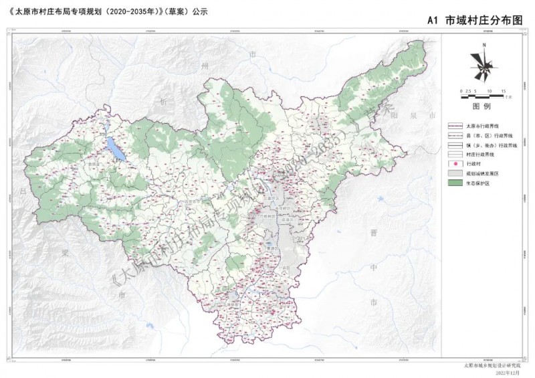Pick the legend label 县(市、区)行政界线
pos(488,135)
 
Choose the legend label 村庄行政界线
pos(484,154)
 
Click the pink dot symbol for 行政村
pos(455,163)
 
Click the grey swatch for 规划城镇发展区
pos(455,173)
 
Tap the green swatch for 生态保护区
pos(455,182)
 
